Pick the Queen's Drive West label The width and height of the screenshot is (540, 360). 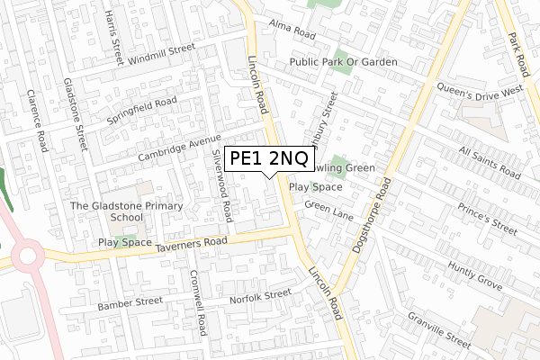[x=480, y=91]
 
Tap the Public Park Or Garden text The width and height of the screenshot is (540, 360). [x=343, y=62]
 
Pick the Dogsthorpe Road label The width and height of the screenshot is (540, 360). [x=369, y=216]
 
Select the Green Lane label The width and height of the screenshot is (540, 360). [x=328, y=206]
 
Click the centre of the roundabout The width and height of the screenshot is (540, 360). [x=25, y=257]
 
